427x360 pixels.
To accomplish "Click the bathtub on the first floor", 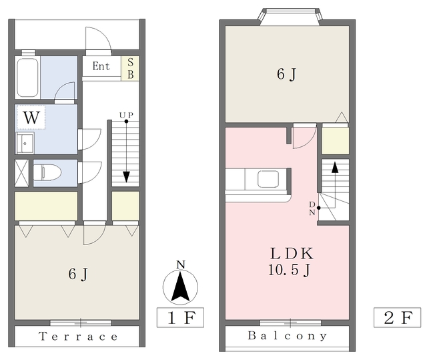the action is [27, 77].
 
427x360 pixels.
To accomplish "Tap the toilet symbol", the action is [47, 172].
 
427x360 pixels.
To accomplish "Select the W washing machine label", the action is [31, 118].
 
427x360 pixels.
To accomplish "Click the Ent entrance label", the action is [101, 66].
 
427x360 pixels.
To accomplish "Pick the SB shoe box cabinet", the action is [130, 68].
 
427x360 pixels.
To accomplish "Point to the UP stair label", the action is [126, 116].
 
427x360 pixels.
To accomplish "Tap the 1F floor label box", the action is [180, 317].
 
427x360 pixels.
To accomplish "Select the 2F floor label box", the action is [398, 317].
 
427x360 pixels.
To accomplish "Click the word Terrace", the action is [79, 337].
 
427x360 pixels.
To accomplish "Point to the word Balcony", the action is [288, 336].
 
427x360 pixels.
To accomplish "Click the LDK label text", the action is [292, 253].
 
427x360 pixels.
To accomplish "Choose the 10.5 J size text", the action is [289, 270].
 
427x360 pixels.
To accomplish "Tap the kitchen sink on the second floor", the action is [268, 179].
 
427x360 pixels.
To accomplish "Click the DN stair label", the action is [312, 208].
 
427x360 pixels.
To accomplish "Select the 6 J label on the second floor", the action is [286, 74].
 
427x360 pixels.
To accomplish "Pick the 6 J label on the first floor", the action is [78, 274].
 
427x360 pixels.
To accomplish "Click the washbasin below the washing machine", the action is [25, 143].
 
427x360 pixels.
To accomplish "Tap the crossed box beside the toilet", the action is [21, 173].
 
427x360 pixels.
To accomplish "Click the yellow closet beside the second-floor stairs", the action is [335, 141].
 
